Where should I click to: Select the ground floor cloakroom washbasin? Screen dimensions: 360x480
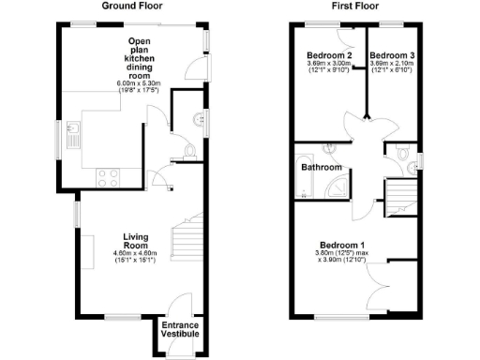199,118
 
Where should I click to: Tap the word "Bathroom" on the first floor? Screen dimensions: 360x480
322,168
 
